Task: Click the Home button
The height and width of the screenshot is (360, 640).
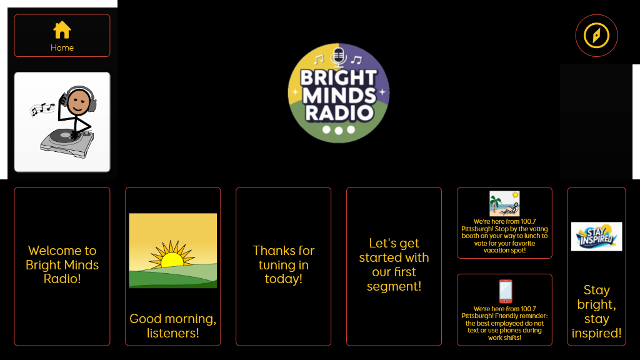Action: coord(62,36)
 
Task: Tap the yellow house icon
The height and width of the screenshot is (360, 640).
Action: coord(62,30)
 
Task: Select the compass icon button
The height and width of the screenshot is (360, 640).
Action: coord(596,36)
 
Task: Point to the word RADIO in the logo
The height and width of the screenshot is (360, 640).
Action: coord(339,113)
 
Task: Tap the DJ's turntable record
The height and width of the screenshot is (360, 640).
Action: coord(65,135)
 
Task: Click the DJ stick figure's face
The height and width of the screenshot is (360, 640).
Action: coord(79,102)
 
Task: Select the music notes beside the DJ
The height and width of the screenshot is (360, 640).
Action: coord(42,109)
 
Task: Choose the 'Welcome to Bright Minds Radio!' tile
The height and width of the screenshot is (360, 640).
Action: coord(62,266)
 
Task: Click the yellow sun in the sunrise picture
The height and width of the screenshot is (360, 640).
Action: coord(172,256)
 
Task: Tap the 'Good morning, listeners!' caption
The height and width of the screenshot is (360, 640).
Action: coord(173,326)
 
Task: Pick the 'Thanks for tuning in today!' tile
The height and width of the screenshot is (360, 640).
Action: coord(283,266)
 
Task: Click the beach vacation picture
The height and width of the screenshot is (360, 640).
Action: coord(504,203)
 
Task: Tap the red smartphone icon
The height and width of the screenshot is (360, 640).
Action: coord(505,291)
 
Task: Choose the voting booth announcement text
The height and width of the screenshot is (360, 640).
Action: coord(504,236)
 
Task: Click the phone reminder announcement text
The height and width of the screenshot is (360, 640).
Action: coord(504,323)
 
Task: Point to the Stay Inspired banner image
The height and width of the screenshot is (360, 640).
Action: coord(596,236)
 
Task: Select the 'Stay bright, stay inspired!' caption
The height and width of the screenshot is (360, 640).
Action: coord(596,311)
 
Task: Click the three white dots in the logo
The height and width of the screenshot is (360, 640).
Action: coord(338,130)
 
